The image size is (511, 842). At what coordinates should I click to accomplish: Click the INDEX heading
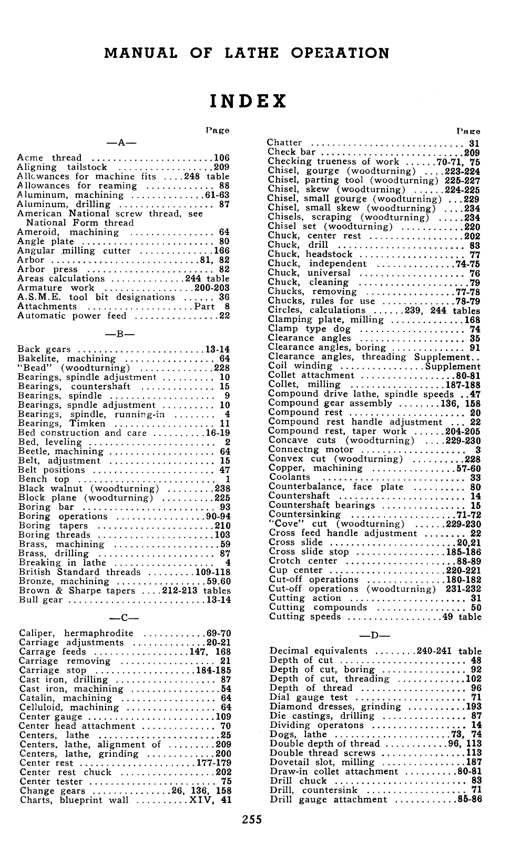[x=248, y=101]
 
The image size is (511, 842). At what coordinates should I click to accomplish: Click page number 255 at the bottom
[x=252, y=819]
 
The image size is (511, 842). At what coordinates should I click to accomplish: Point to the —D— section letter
[x=374, y=635]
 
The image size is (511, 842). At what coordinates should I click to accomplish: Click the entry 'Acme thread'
[x=49, y=158]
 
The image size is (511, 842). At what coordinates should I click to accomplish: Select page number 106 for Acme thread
[x=221, y=158]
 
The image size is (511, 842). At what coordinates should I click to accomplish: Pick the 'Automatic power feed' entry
[x=72, y=316]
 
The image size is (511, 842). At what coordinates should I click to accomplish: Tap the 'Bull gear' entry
[x=40, y=600]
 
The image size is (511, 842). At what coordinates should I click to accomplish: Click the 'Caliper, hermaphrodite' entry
[x=76, y=633]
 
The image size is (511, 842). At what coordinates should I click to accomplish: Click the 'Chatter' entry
[x=284, y=143]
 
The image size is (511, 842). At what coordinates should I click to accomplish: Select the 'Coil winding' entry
[x=300, y=366]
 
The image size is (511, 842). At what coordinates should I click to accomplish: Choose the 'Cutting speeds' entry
[x=305, y=617]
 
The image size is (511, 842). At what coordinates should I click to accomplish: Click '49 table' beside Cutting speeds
[x=462, y=617]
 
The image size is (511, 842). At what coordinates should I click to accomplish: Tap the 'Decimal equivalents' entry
[x=318, y=651]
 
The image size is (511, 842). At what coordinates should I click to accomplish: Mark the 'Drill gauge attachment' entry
[x=328, y=800]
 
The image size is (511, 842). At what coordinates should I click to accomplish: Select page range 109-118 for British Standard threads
[x=212, y=572]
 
